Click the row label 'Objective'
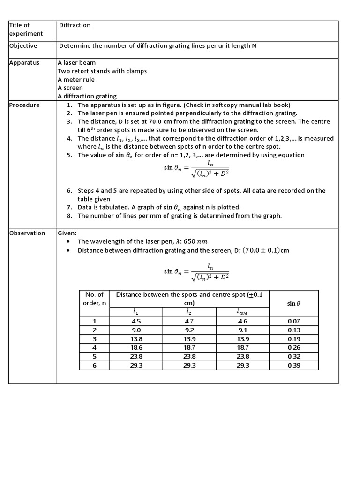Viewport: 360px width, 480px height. [x=23, y=46]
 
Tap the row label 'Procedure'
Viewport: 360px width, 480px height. [x=24, y=105]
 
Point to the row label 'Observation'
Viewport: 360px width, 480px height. [x=27, y=233]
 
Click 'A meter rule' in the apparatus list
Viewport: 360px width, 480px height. [x=76, y=80]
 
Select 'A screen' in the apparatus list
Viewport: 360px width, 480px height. [x=70, y=88]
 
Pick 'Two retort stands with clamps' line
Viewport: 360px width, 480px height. [x=102, y=71]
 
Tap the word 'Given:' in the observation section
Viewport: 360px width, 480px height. [x=67, y=233]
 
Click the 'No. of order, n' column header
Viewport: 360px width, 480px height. [x=94, y=299]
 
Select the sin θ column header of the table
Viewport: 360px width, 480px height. [x=293, y=303]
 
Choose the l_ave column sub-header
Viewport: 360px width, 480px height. [x=242, y=312]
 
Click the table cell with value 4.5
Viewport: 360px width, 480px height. [x=136, y=321]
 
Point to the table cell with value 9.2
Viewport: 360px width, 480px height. [x=189, y=330]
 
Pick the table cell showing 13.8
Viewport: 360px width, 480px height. [x=136, y=338]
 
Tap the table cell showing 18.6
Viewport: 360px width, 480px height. [x=136, y=347]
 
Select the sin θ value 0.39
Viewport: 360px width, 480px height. [x=293, y=365]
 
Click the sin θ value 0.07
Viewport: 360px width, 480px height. [x=293, y=321]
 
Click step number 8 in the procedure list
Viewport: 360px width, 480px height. [x=69, y=216]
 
